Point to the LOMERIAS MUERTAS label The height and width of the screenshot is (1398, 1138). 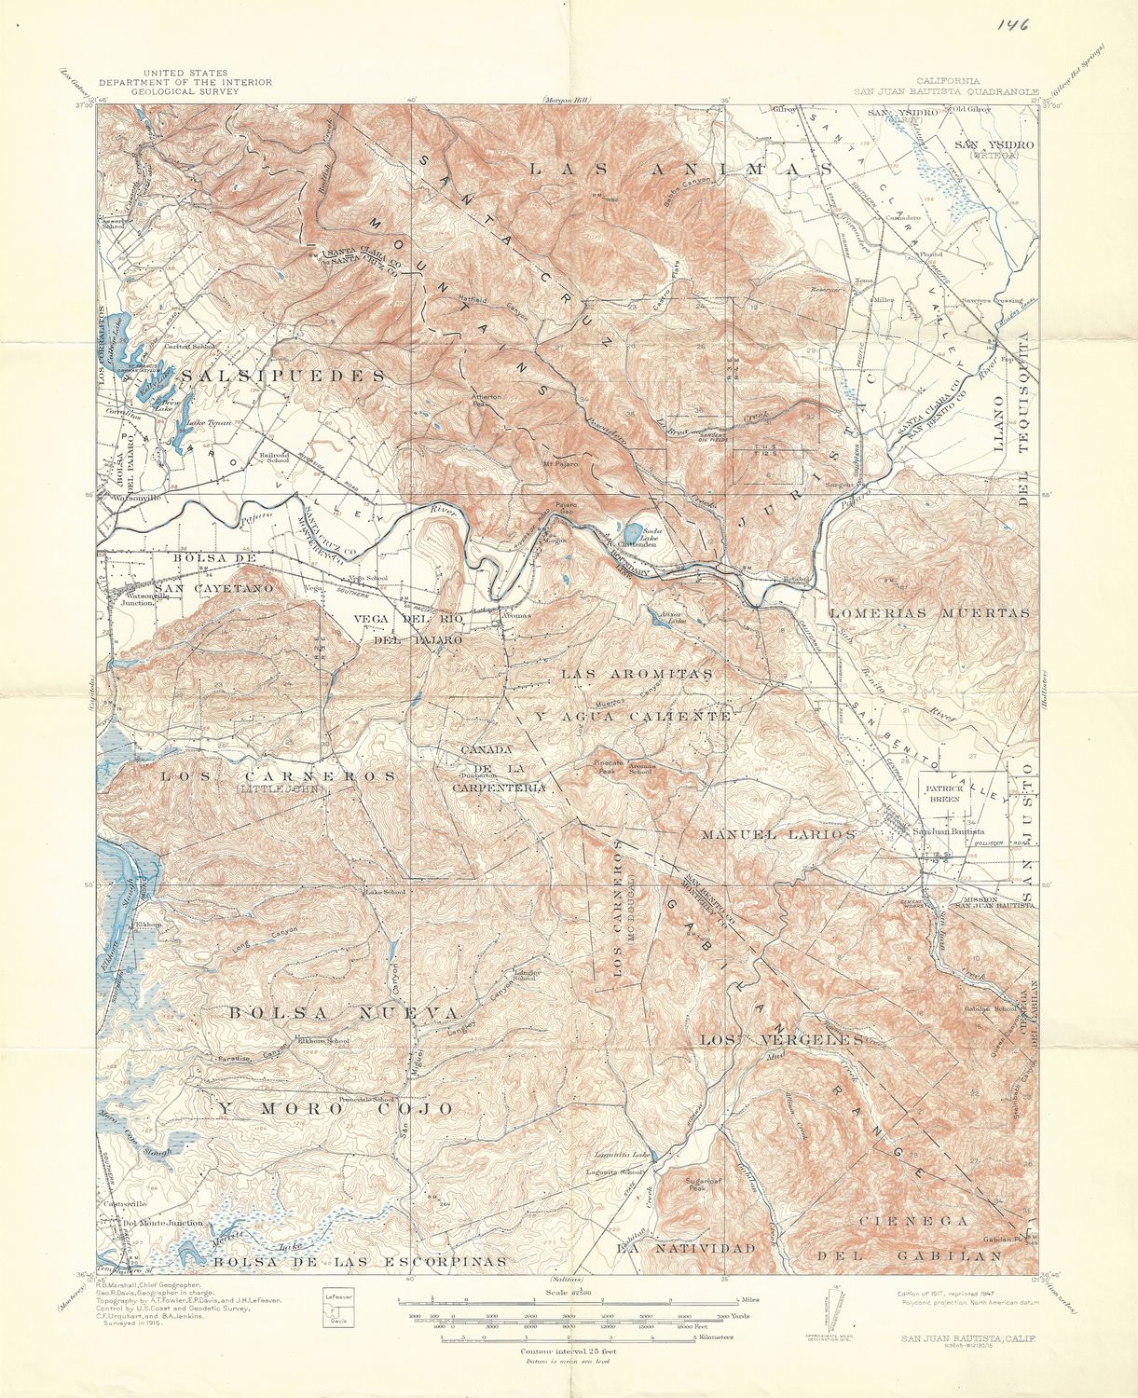tap(929, 613)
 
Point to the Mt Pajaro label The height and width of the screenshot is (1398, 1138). tap(560, 462)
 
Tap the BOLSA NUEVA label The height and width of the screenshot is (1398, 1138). tap(343, 1013)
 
